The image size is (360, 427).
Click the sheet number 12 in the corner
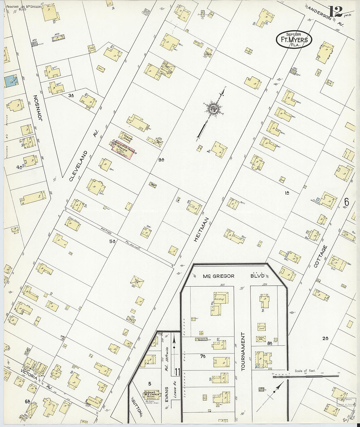[x=336, y=12]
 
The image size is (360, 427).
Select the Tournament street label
[x=243, y=351]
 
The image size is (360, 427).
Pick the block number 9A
[x=161, y=160]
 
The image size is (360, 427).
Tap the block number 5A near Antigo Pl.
[x=113, y=241]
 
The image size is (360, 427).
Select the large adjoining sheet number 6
[x=346, y=203]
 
